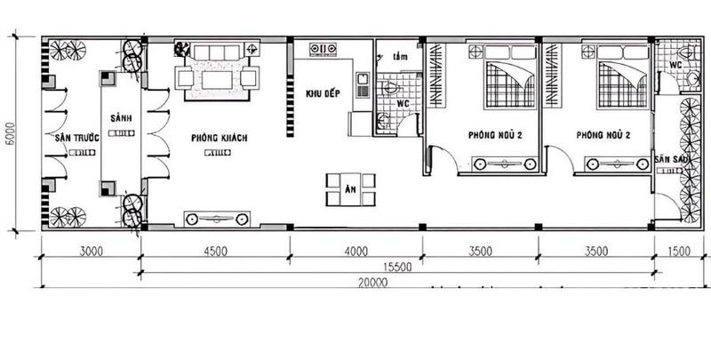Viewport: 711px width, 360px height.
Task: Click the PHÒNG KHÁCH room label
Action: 218,138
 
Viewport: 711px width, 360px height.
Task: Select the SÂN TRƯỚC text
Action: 75,138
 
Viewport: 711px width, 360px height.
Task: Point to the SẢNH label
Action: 121,118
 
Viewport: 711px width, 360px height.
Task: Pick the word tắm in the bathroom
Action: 400,56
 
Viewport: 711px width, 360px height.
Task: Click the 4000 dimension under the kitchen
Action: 355,252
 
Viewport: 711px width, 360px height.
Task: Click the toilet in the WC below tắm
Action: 389,89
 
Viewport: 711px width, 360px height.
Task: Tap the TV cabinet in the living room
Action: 217,218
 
